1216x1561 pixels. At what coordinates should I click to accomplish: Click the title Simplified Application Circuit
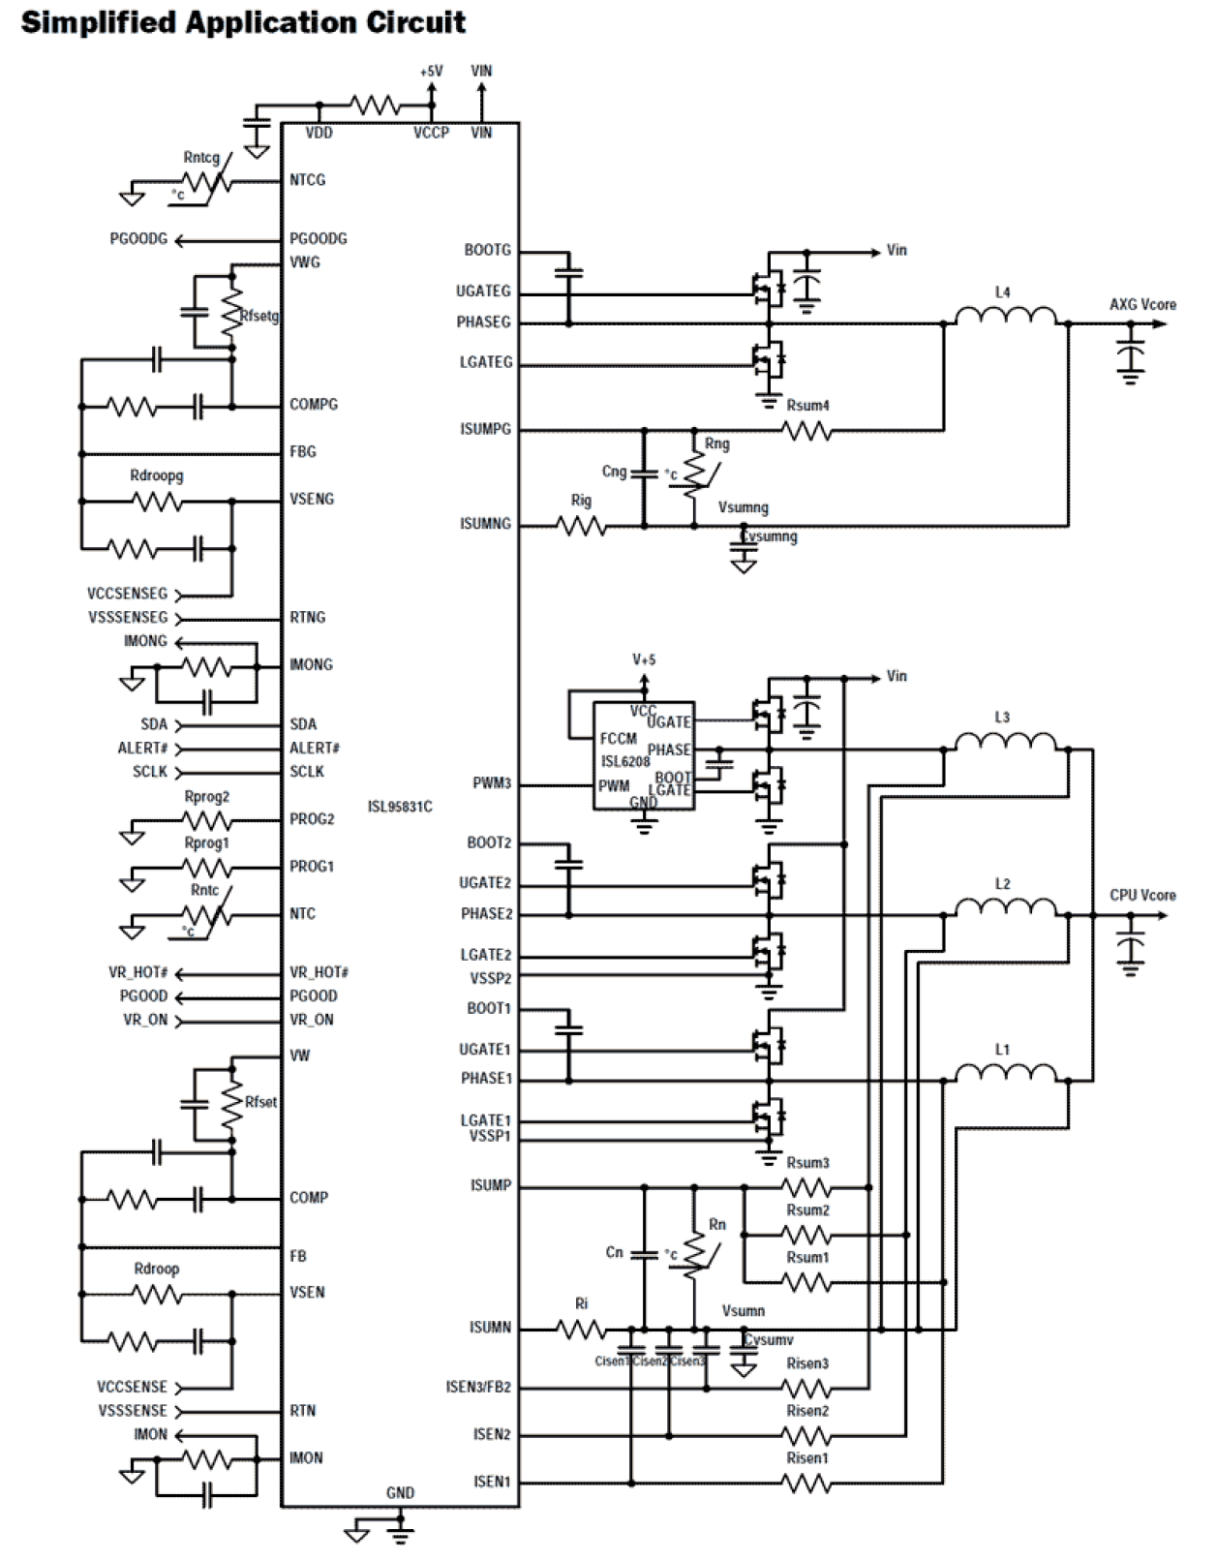[x=243, y=21]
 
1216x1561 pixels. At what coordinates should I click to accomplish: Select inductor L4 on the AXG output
[x=1005, y=317]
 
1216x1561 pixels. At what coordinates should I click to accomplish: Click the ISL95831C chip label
[x=400, y=807]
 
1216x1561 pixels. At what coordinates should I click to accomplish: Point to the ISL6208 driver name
[x=624, y=761]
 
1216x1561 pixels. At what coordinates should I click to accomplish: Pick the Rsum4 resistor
[x=806, y=431]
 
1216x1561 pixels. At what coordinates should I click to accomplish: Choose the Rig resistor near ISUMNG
[x=581, y=526]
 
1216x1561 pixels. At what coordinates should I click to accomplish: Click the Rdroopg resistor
[x=157, y=502]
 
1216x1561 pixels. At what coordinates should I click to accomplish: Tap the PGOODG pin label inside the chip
[x=319, y=238]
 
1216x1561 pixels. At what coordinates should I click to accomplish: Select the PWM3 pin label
[x=492, y=783]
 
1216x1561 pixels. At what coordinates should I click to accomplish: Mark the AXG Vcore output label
[x=1142, y=304]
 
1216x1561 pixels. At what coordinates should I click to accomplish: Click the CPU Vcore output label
[x=1142, y=895]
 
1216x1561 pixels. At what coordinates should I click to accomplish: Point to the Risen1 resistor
[x=806, y=1483]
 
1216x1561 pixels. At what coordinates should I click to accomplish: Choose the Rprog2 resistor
[x=206, y=821]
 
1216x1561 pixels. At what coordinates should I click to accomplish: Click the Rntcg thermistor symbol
[x=204, y=182]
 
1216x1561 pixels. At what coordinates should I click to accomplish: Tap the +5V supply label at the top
[x=431, y=72]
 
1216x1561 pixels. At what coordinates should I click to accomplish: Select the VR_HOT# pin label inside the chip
[x=319, y=972]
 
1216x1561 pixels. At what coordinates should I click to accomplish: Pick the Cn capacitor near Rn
[x=643, y=1255]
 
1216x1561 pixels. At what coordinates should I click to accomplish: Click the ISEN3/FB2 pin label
[x=478, y=1388]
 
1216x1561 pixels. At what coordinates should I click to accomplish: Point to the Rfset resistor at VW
[x=230, y=1103]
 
